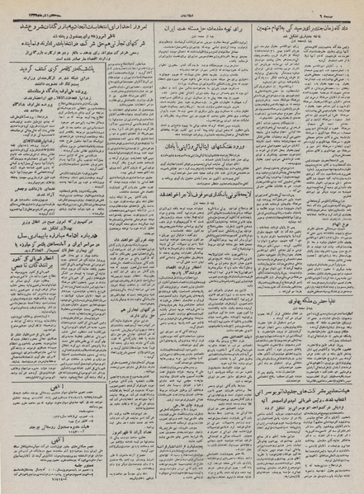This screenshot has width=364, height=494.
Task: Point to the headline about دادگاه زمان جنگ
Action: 305,26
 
